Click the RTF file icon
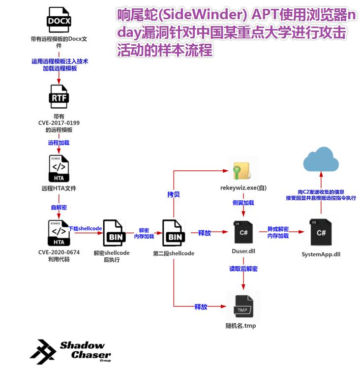[59, 97]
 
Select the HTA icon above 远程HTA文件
[59, 169]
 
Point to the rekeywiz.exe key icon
[243, 171]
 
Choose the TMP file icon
[243, 306]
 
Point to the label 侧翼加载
[243, 202]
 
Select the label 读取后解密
[243, 269]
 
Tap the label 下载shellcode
[85, 228]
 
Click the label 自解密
[59, 207]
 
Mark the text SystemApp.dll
[321, 254]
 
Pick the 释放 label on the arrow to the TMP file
[201, 307]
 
